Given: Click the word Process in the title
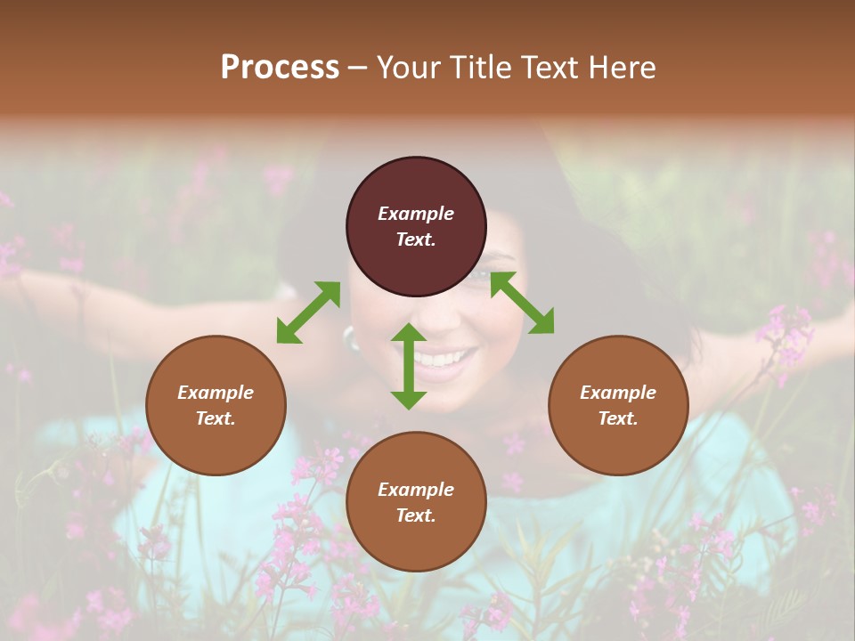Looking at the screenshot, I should tap(280, 68).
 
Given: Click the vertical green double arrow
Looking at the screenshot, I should tap(409, 366).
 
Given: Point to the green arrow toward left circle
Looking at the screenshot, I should tap(308, 312).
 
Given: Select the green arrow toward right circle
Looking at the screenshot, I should tap(522, 303).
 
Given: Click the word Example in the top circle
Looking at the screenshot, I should tap(416, 214).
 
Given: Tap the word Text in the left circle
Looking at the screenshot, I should tap(216, 418).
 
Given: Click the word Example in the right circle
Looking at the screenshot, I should tap(618, 393).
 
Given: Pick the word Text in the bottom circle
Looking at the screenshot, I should tap(415, 515).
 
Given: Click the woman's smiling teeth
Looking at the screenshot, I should tap(443, 359).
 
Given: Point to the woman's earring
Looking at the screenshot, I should tap(348, 337).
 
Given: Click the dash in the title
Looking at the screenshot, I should tap(358, 69).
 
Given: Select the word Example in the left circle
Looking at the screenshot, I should tap(216, 393).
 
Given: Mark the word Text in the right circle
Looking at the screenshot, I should tap(618, 418).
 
